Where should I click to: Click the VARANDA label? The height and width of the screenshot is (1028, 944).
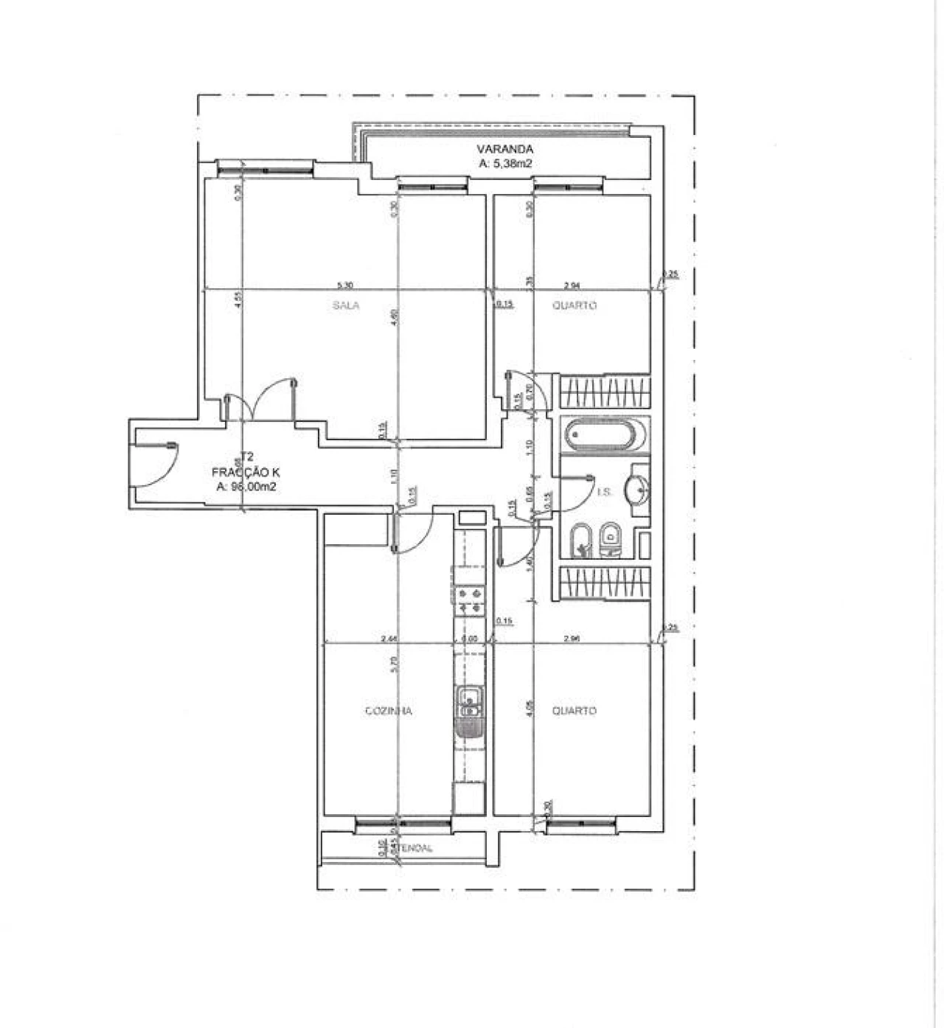click(x=504, y=150)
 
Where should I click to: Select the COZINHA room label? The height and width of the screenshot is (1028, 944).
click(x=389, y=711)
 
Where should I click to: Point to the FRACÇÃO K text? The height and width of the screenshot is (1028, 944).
click(x=246, y=473)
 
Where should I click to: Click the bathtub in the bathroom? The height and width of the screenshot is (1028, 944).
click(x=604, y=436)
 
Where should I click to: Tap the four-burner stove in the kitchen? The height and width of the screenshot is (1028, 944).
click(x=469, y=599)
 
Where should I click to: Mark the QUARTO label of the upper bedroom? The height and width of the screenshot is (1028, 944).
click(x=575, y=305)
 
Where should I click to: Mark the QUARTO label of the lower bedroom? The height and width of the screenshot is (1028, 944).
click(x=575, y=711)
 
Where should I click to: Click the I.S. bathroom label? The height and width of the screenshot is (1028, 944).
click(x=604, y=492)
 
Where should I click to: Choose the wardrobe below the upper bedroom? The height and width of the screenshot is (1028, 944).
click(x=605, y=392)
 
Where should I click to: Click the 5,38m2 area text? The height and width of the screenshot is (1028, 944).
click(x=504, y=164)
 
